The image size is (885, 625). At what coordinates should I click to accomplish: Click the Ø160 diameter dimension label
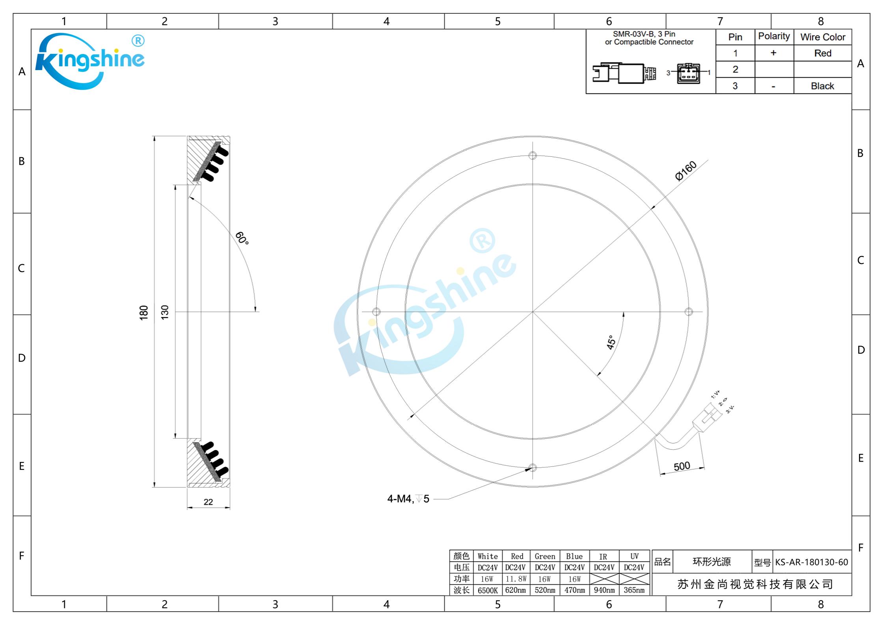(x=686, y=171)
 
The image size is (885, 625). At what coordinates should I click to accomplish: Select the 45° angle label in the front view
(x=611, y=342)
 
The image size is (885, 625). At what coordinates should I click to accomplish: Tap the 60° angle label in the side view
(x=242, y=238)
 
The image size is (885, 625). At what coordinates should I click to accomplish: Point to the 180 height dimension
(x=144, y=312)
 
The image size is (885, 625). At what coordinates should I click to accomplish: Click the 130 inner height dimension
(x=165, y=312)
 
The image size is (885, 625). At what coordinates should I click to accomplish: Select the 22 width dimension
(x=208, y=502)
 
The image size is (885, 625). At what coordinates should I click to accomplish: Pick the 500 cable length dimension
(x=682, y=466)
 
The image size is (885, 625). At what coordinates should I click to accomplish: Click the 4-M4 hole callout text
(x=408, y=499)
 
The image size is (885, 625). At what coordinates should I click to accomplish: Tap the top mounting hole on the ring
(x=533, y=156)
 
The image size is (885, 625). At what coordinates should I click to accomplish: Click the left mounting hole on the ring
(x=376, y=312)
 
